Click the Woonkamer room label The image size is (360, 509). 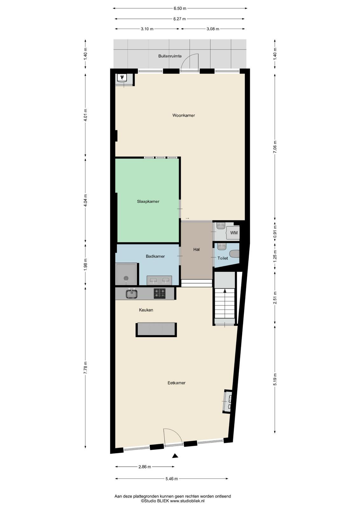tap(183, 115)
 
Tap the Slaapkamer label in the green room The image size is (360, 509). tap(148, 201)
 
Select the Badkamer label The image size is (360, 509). tap(155, 256)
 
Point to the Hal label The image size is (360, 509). tap(197, 249)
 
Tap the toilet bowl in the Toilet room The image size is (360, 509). tap(235, 254)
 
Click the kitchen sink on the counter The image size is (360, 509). tap(132, 293)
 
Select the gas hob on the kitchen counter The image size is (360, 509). tap(160, 293)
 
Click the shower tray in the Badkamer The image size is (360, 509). tap(126, 274)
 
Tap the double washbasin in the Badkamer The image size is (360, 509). tap(159, 280)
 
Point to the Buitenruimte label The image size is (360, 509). tap(170, 56)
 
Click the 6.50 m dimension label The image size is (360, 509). tap(180, 8)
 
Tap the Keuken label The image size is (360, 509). tap(146, 310)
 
